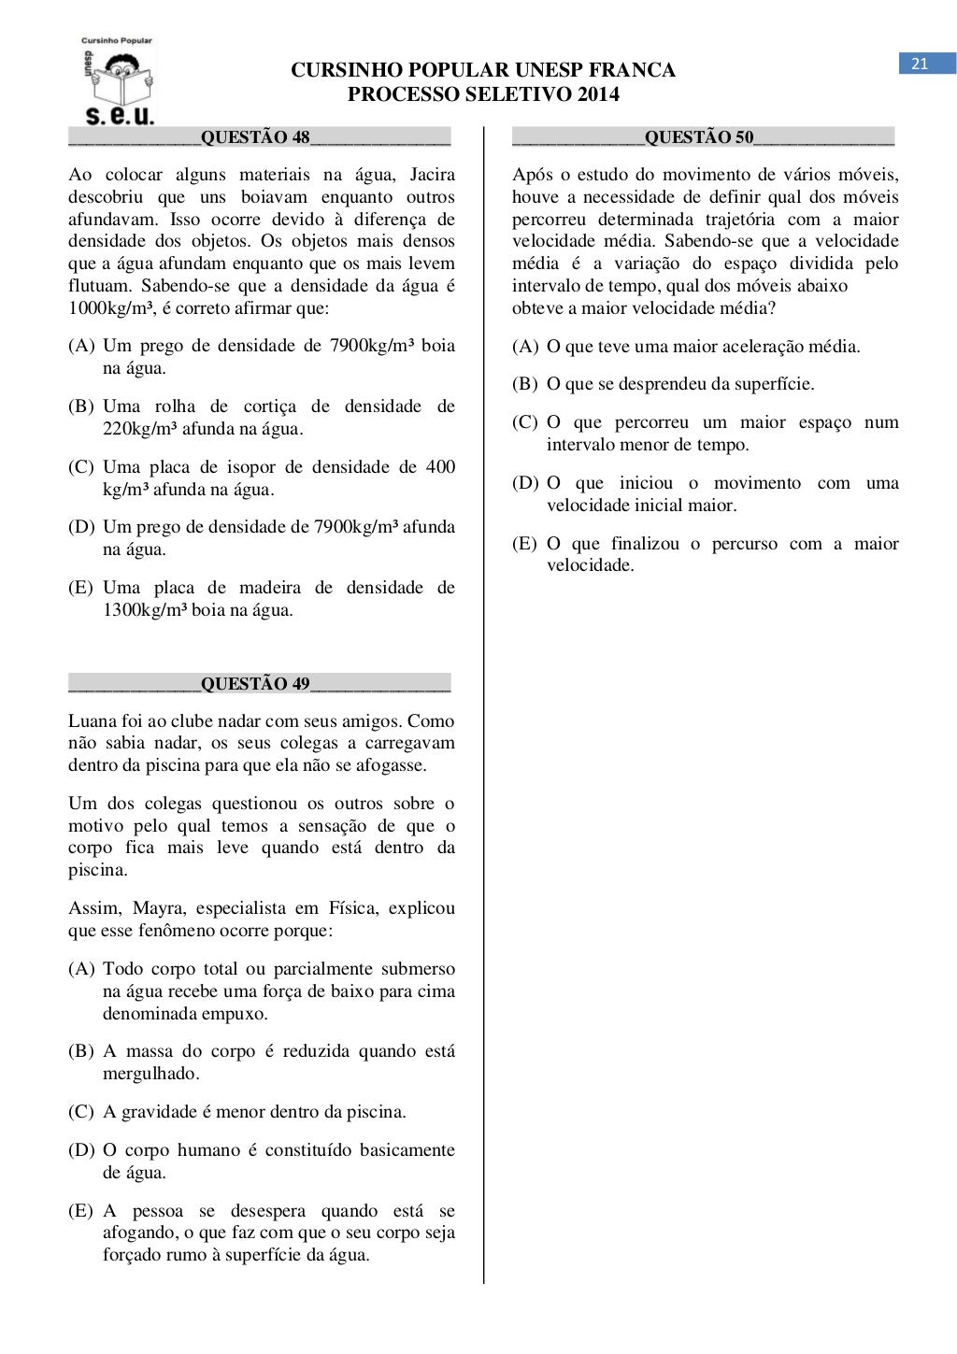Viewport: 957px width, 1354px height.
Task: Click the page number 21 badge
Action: coord(921,64)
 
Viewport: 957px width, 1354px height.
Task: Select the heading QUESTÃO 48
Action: coord(255,137)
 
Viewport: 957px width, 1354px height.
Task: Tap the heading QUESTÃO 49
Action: coord(255,684)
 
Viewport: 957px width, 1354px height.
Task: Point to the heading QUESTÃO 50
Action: coord(699,137)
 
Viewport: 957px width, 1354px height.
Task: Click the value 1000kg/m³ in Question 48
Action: coord(110,308)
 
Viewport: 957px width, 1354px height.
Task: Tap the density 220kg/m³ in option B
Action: coord(140,429)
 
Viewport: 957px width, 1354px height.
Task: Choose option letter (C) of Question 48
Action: coord(81,467)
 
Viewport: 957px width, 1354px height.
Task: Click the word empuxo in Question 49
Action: coord(237,1014)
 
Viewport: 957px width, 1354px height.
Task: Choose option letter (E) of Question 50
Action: coord(525,544)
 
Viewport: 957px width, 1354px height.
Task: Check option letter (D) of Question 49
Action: coord(81,1150)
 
